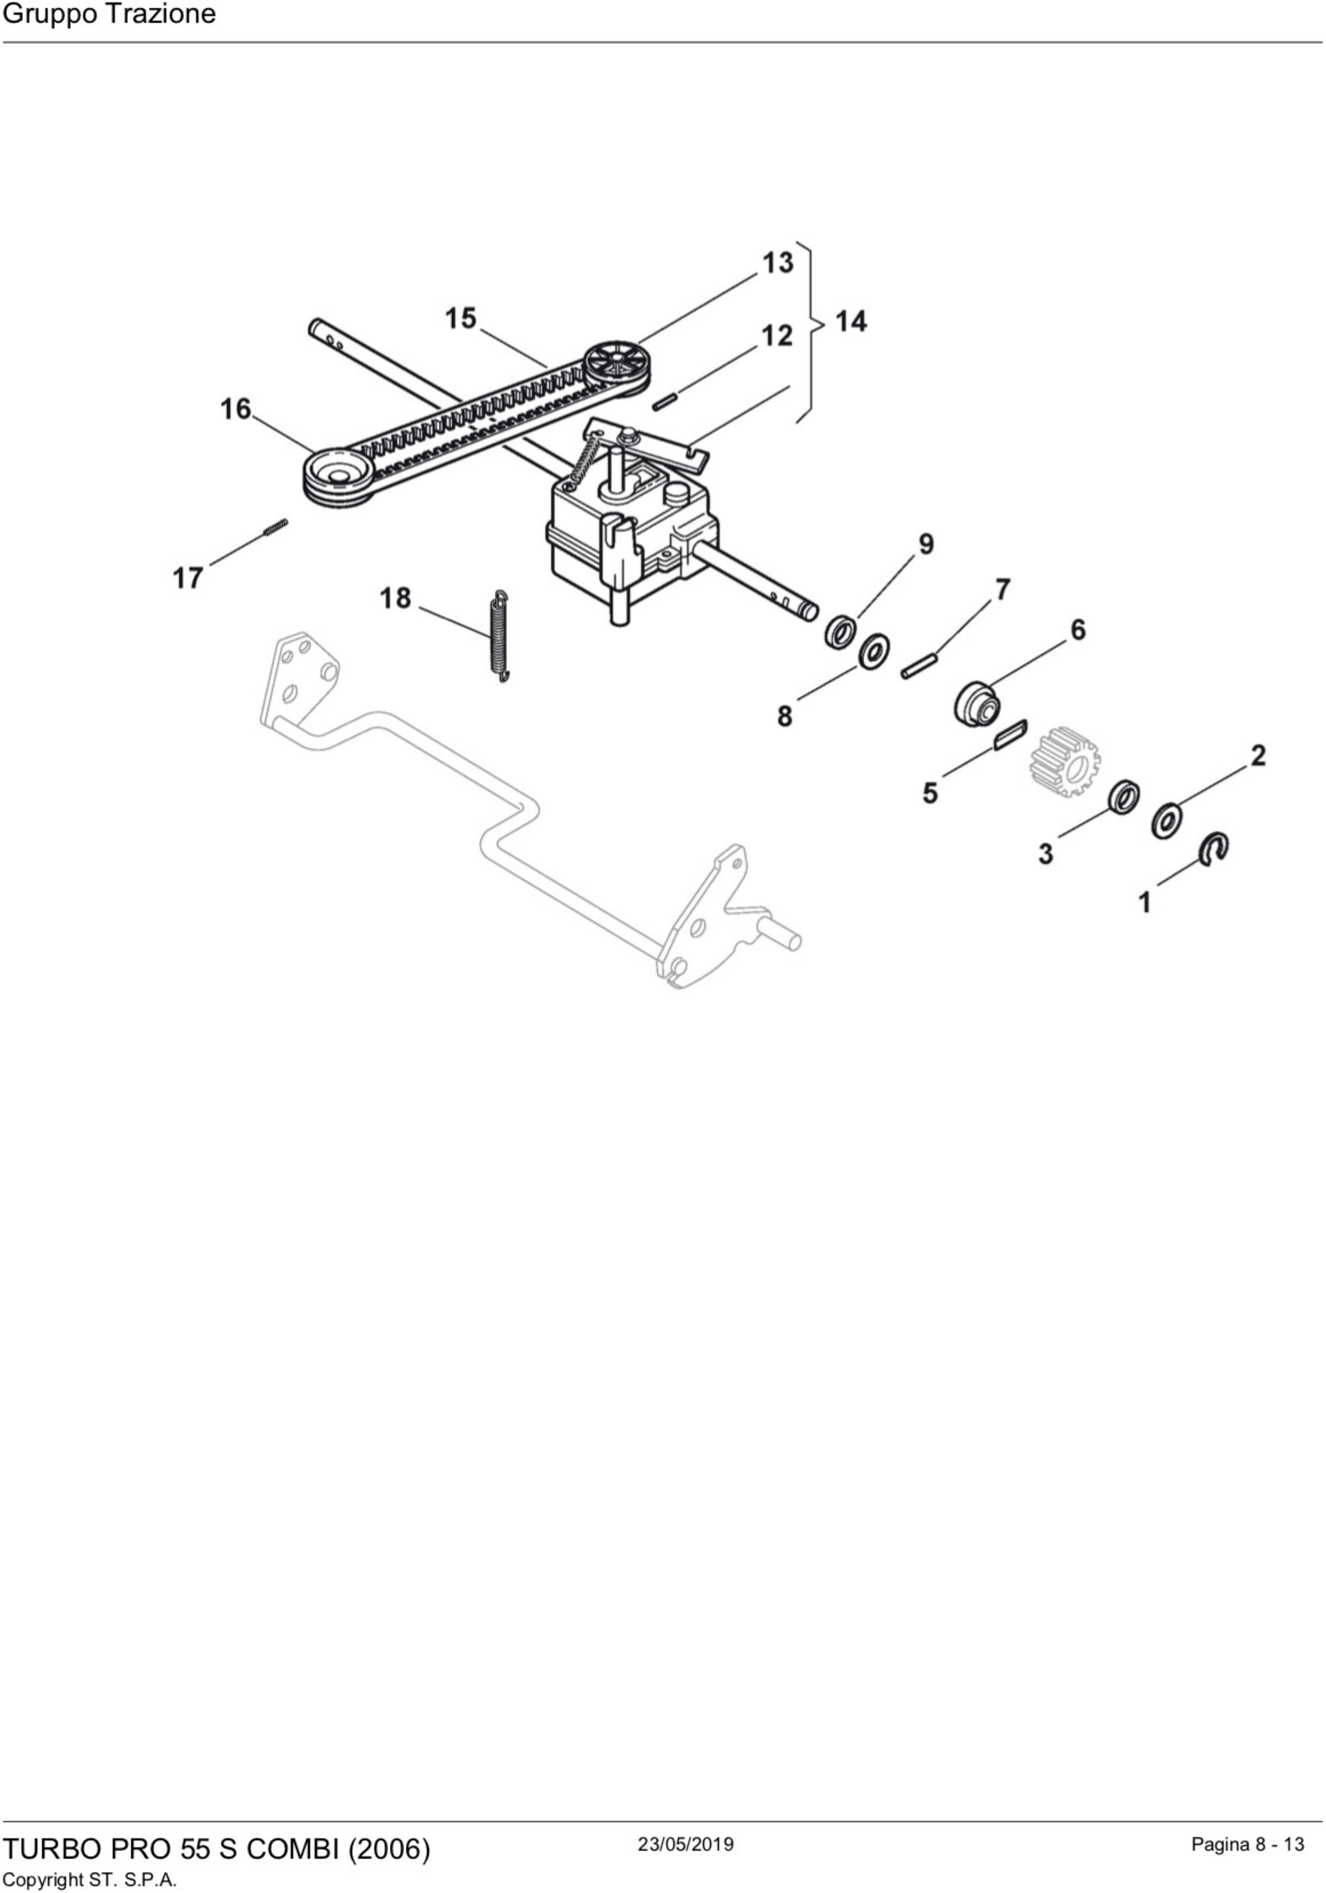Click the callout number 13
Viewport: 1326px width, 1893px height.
(x=777, y=263)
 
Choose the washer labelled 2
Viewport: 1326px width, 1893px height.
(x=1167, y=821)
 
